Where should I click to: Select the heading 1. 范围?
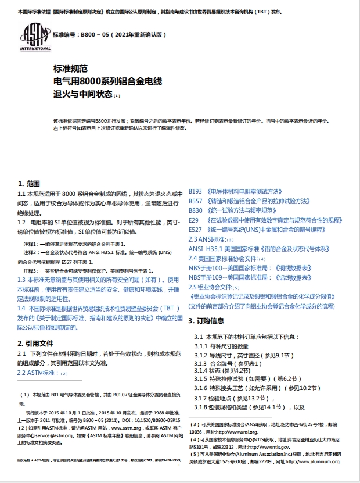[x=28, y=183]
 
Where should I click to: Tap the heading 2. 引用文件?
[x=36, y=343]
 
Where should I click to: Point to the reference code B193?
[x=196, y=191]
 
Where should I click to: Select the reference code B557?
[x=196, y=201]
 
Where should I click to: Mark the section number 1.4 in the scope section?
[x=21, y=307]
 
